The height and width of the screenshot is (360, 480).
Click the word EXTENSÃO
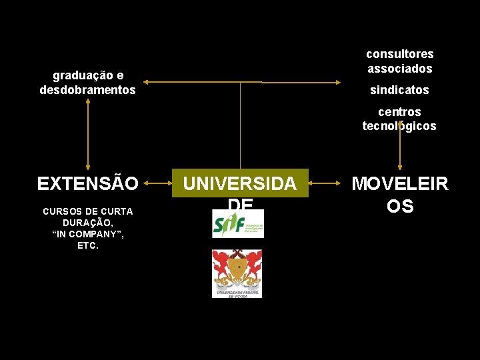point(88,183)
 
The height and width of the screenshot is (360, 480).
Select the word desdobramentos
point(87,89)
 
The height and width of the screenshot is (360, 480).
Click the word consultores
point(399,54)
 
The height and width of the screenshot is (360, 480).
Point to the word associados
point(399,68)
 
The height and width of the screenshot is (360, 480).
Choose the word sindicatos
point(399,89)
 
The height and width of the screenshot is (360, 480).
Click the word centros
point(399,112)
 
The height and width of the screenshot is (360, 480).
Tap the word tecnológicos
point(399,126)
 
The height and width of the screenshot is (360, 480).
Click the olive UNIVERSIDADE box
point(240,183)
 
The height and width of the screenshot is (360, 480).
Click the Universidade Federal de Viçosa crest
point(237,273)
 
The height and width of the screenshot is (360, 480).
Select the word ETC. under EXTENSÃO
point(88,245)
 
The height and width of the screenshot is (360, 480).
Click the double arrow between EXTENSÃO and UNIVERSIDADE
point(155,181)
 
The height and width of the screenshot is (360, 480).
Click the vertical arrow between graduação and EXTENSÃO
point(88,133)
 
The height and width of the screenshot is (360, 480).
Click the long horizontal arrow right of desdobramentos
point(200,82)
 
